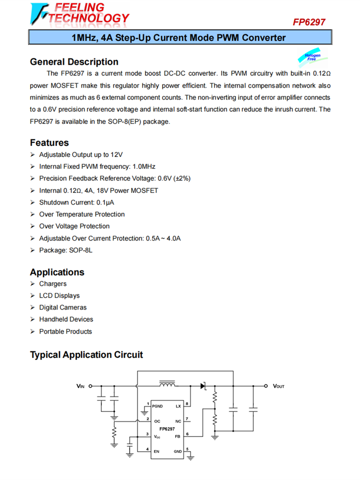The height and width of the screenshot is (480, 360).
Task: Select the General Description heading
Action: [74, 62]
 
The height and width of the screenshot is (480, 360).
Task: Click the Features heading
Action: [49, 143]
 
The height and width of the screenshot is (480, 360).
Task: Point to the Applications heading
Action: [57, 272]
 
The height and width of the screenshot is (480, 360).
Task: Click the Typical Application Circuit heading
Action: [86, 355]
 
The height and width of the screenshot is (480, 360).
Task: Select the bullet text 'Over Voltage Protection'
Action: [74, 226]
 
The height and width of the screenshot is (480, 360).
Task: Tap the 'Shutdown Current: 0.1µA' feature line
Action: [77, 202]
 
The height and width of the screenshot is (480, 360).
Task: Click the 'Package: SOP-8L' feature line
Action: [66, 250]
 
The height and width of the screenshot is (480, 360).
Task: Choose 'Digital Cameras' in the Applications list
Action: [63, 307]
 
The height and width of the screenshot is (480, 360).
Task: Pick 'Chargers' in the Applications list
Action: [53, 284]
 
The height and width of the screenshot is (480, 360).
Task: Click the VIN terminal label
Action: [80, 385]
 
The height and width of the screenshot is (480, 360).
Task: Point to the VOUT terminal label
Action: [279, 386]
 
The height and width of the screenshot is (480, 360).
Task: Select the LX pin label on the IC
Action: [179, 406]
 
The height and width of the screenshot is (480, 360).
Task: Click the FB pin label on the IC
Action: [178, 436]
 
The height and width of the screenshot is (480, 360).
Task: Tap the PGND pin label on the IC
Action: [157, 406]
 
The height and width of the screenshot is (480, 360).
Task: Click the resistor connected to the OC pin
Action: [114, 433]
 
